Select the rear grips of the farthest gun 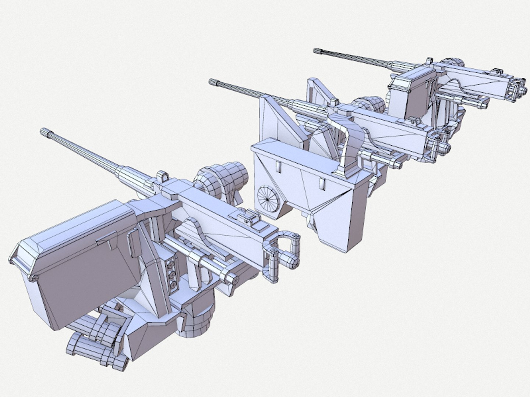click(515, 88)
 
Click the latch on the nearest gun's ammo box click(104, 241)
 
